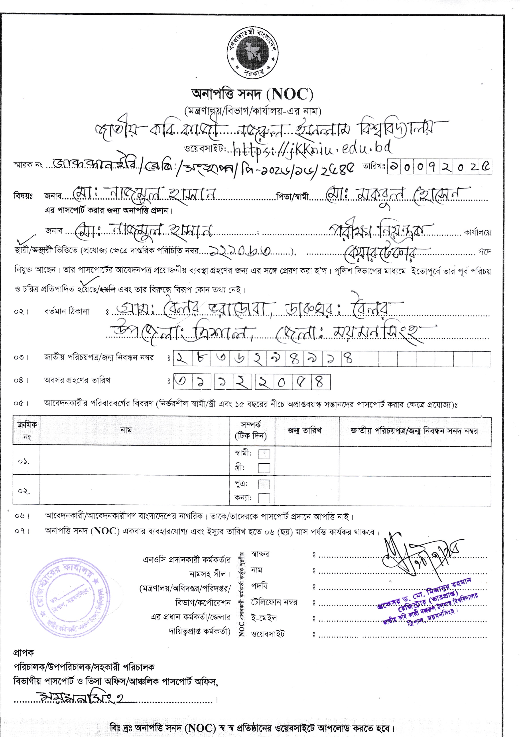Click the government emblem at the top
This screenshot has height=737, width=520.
point(252,54)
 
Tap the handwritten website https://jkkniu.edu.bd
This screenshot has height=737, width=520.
point(311,148)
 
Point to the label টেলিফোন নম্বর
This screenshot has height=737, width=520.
point(274,602)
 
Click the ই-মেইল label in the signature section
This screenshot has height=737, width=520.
point(264,618)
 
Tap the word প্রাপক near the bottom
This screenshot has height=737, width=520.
point(24,653)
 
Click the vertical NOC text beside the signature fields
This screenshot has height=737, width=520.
point(242,594)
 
